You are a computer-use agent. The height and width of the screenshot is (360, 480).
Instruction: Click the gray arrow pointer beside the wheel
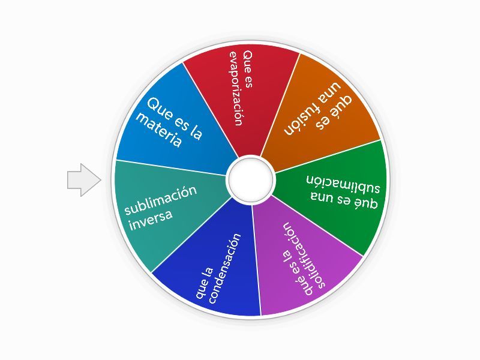[83, 180]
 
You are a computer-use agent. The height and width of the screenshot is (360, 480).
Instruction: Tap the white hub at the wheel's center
[250, 179]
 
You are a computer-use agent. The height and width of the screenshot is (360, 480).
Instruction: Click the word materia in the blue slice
[158, 131]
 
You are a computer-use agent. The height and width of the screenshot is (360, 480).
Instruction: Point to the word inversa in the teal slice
[151, 220]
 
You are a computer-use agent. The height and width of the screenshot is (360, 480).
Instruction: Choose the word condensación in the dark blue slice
[224, 269]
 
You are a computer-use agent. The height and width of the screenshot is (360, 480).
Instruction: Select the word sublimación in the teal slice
[161, 200]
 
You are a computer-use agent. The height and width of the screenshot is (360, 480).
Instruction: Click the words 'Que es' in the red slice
[248, 70]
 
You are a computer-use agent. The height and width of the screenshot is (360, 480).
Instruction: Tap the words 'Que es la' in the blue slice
[175, 119]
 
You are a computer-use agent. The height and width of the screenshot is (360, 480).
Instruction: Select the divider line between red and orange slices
[280, 105]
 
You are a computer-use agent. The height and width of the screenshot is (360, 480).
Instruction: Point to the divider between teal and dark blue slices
[191, 235]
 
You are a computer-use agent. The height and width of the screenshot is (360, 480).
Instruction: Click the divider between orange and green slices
[328, 156]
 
